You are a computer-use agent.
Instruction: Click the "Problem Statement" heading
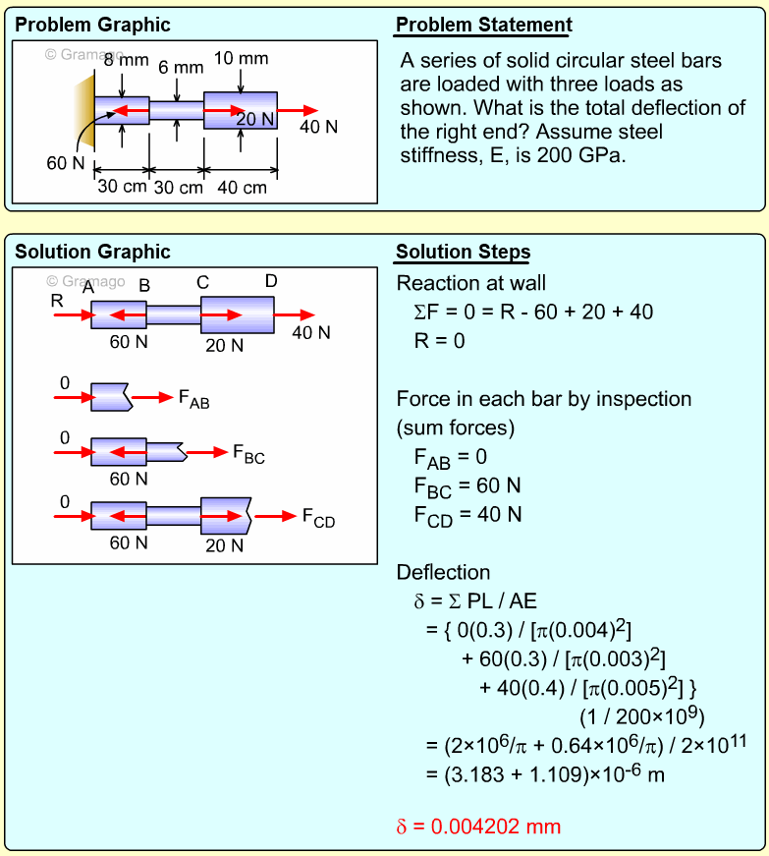point(483,26)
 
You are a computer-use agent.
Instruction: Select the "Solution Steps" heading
point(463,253)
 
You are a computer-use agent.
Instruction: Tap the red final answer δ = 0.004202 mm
point(478,826)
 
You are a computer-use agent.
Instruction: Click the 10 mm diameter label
point(241,59)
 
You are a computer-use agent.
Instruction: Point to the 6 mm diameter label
point(181,68)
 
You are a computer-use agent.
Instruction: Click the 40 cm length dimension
point(241,188)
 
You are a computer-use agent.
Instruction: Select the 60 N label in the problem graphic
point(66,163)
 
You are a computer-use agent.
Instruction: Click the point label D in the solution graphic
point(271,282)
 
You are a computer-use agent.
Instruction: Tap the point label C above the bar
point(202,283)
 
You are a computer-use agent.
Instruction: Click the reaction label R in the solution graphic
point(57,300)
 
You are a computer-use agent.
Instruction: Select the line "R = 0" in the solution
point(440,341)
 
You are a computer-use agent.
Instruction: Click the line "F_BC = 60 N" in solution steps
point(467,485)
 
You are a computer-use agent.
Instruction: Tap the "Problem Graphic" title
point(92,26)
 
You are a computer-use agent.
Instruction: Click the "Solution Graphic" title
point(92,253)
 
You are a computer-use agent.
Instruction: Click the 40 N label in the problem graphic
point(318,127)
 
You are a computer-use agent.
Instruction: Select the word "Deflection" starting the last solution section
point(443,572)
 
